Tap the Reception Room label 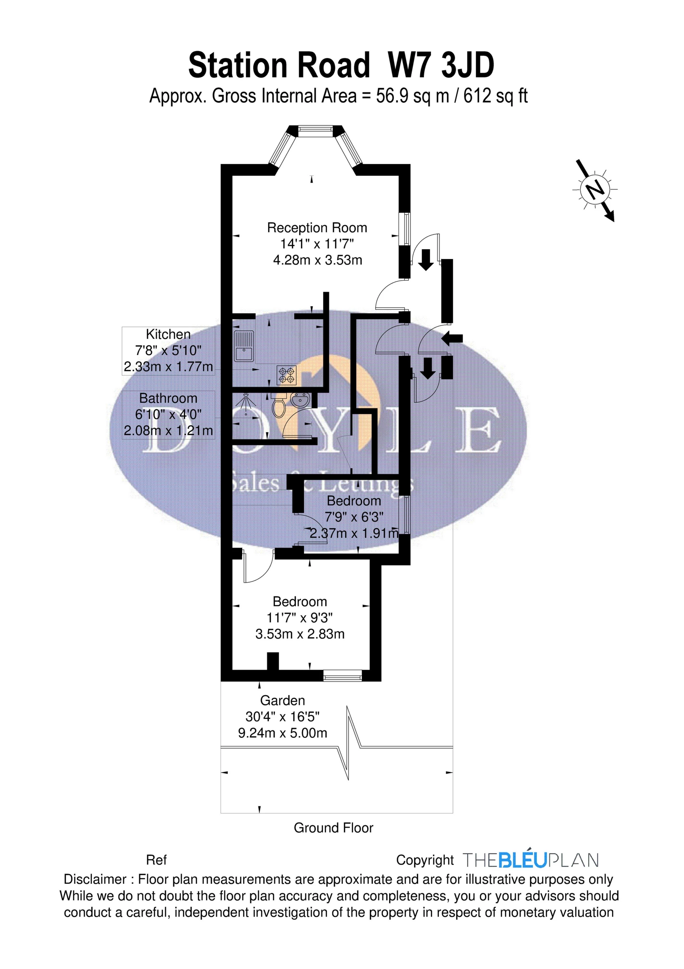tap(317, 228)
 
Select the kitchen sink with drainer tap(243, 347)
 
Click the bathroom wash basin tap(300, 399)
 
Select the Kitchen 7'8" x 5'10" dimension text tap(168, 350)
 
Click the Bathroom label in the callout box tap(168, 398)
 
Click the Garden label tap(282, 701)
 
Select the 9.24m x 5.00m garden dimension tap(282, 733)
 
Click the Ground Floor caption tap(333, 828)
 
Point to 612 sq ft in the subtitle tap(496, 96)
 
